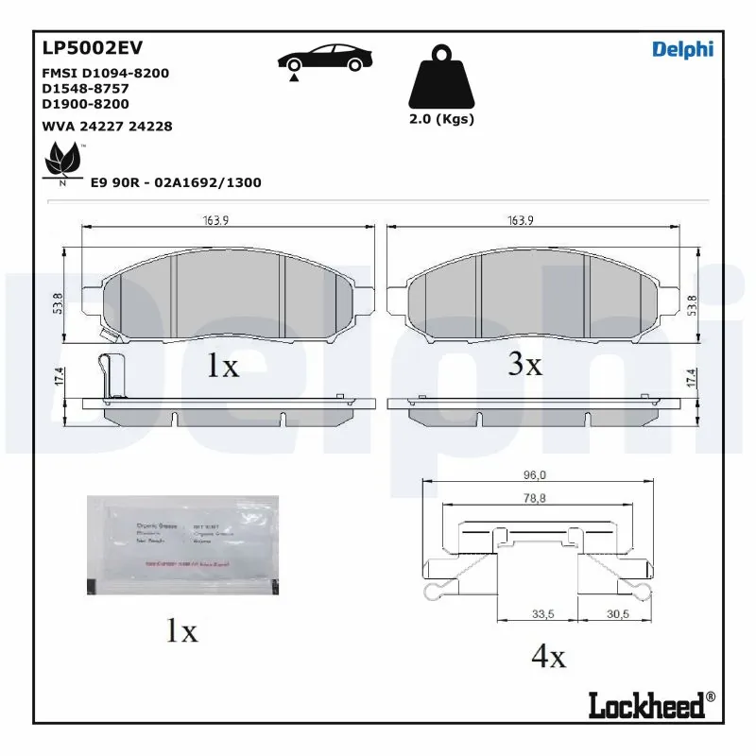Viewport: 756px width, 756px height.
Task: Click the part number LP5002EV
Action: coord(93,47)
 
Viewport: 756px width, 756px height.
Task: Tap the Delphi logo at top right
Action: coord(682,49)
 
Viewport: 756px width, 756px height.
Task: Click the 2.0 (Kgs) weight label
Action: coord(442,119)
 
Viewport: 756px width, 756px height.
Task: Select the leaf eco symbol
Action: coord(64,162)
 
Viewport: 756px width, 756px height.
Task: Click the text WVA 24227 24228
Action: coord(107,126)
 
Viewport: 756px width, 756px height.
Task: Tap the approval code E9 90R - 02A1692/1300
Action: coord(176,182)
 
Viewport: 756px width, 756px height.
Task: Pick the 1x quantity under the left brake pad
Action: coord(223,367)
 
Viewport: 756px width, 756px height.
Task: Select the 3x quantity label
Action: coord(524,364)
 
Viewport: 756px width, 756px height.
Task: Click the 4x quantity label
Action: coord(548,657)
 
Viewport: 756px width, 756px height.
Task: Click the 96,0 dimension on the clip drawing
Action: coord(537,476)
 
